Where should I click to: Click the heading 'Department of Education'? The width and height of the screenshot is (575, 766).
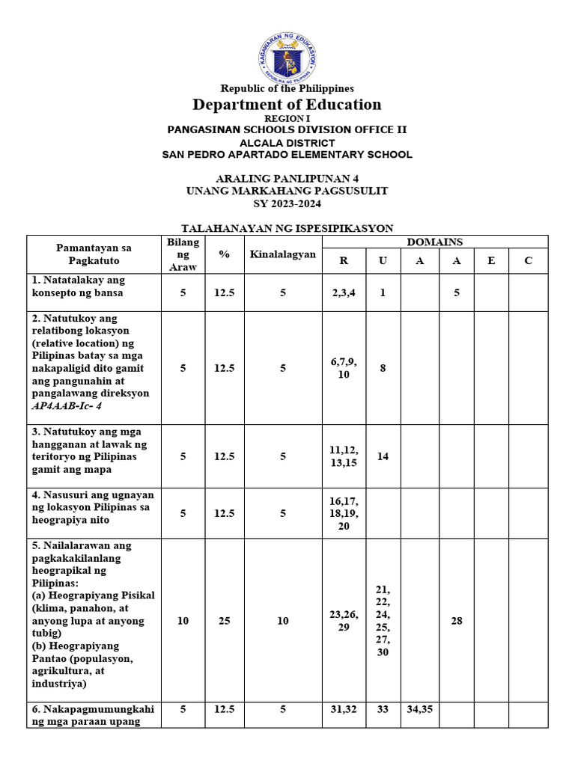pyautogui.click(x=287, y=104)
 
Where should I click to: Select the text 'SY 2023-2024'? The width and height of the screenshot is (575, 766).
pyautogui.click(x=287, y=203)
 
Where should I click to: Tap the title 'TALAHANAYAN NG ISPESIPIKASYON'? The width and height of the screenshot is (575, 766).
pyautogui.click(x=288, y=228)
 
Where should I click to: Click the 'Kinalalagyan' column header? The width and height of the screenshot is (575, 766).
pyautogui.click(x=283, y=254)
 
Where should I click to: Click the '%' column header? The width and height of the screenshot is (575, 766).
pyautogui.click(x=224, y=254)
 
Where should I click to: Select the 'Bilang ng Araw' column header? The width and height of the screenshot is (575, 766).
pyautogui.click(x=183, y=254)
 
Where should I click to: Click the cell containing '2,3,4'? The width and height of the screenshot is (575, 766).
pyautogui.click(x=344, y=292)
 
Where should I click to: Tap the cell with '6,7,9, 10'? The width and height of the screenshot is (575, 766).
pyautogui.click(x=344, y=368)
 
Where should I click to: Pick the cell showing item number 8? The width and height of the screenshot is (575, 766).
pyautogui.click(x=383, y=368)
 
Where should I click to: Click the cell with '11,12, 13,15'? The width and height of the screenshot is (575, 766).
pyautogui.click(x=344, y=456)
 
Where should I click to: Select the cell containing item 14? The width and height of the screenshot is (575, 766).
pyautogui.click(x=383, y=456)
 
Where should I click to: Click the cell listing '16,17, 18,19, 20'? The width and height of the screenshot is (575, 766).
pyautogui.click(x=344, y=513)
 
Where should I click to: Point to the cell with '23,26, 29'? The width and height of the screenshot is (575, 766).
pyautogui.click(x=344, y=621)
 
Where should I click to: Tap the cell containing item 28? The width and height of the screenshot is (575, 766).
pyautogui.click(x=456, y=621)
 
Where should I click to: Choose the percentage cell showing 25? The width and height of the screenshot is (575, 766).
pyautogui.click(x=224, y=621)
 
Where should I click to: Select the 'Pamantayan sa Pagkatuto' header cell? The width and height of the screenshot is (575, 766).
pyautogui.click(x=94, y=254)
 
